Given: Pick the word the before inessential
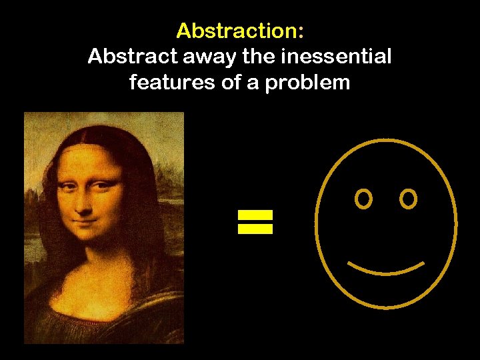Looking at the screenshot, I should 254,57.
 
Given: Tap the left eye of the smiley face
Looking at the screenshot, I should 363,199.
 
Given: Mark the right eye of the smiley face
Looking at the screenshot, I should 408,199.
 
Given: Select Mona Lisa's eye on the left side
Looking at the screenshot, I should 68,189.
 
